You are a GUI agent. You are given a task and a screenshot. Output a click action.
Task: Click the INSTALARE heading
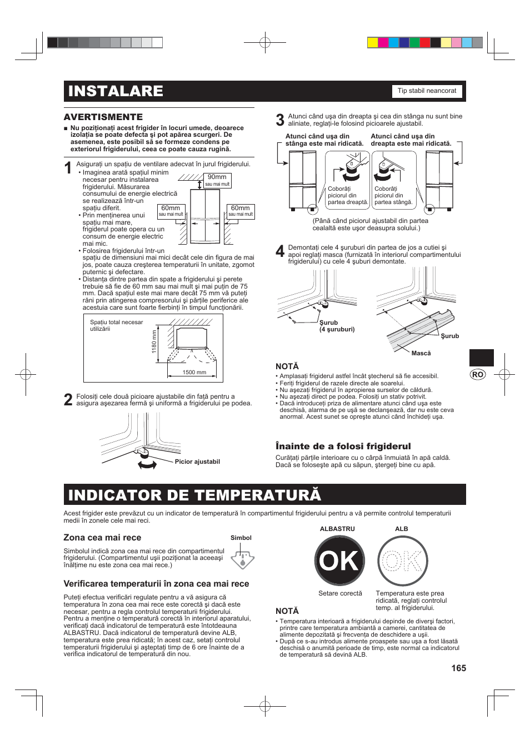[x=116, y=91]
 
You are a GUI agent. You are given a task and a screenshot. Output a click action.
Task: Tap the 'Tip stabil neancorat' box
[x=427, y=91]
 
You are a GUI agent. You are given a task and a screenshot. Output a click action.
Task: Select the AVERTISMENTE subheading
[x=103, y=117]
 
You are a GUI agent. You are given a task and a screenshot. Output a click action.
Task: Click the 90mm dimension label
[x=217, y=177]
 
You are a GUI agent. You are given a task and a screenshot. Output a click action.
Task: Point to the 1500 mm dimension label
[x=194, y=373]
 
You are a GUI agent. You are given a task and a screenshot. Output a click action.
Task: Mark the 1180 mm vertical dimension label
[x=154, y=342]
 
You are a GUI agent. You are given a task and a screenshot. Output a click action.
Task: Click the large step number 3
[x=280, y=120]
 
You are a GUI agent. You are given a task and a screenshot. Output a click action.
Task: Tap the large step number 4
[x=280, y=251]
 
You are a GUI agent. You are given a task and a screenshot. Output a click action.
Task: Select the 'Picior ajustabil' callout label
[x=197, y=462]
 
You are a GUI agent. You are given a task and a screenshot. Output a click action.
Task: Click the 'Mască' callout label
[x=421, y=353]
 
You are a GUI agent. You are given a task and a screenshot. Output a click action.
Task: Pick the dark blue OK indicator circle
[x=339, y=560]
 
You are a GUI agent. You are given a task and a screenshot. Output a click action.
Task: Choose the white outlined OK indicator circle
[x=403, y=560]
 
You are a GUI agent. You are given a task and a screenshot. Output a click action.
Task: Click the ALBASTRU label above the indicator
[x=337, y=529]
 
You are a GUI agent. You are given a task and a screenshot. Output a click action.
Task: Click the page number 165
[x=458, y=668]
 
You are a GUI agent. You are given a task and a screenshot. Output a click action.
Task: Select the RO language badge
[x=477, y=374]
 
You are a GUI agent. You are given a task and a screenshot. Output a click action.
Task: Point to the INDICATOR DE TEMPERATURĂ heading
[x=194, y=495]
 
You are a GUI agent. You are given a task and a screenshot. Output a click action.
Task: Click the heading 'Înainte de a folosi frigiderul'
[x=343, y=446]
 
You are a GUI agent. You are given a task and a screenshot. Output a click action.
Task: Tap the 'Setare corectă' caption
[x=340, y=593]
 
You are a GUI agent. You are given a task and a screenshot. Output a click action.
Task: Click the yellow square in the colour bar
[x=373, y=43]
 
